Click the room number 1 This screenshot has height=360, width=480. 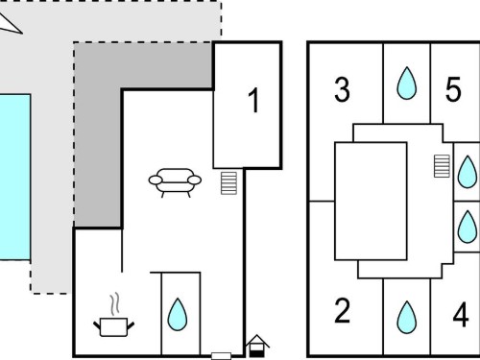(x=254, y=101)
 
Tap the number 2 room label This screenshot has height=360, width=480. (x=342, y=310)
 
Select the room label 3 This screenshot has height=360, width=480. (x=342, y=89)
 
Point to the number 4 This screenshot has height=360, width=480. (x=461, y=315)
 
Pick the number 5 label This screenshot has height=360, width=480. (x=453, y=89)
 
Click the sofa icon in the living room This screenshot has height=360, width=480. (x=175, y=182)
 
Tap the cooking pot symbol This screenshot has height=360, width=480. (x=113, y=326)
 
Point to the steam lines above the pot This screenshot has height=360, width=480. (x=115, y=303)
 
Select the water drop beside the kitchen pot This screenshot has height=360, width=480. (x=178, y=314)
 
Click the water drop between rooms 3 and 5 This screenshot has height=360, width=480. (x=407, y=84)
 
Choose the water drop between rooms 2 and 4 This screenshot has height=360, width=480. (x=407, y=318)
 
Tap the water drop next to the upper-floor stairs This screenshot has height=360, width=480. (x=468, y=172)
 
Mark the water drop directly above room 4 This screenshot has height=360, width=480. (x=468, y=227)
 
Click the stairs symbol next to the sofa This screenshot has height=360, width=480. (x=228, y=183)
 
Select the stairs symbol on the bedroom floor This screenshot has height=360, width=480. (x=442, y=166)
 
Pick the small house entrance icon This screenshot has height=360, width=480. (x=257, y=346)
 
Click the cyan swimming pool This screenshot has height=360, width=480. (x=15, y=177)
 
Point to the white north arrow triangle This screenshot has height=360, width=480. (x=10, y=24)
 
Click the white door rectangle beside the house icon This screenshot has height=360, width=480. (x=222, y=356)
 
